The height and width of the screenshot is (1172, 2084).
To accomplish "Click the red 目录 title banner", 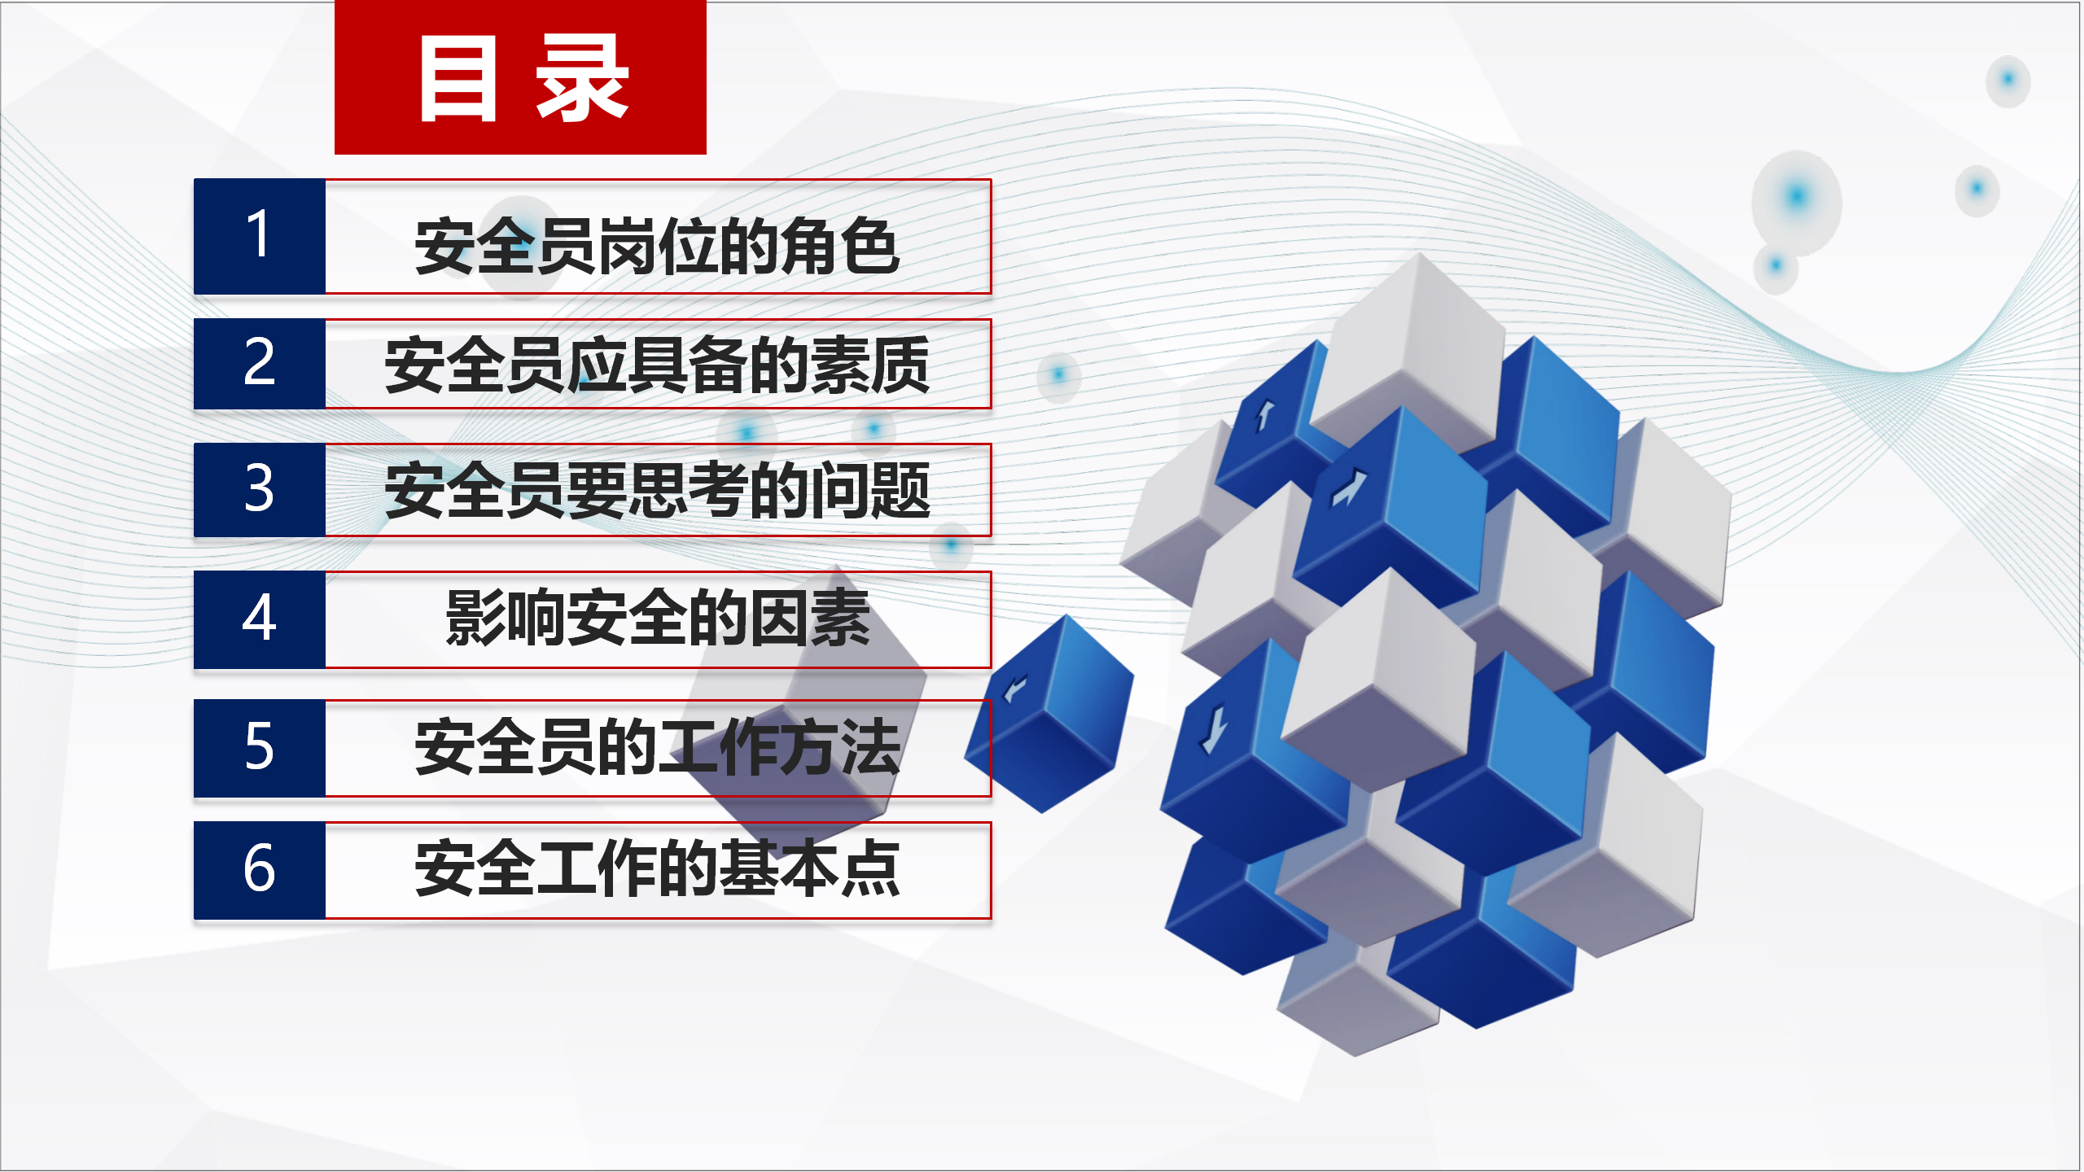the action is click(x=520, y=77).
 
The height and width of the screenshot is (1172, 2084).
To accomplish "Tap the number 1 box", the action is click(x=260, y=236).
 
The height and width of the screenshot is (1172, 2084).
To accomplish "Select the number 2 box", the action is click(x=260, y=363).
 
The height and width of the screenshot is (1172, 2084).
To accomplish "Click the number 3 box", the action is click(x=260, y=489).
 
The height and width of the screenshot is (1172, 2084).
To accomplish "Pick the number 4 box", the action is click(x=260, y=619).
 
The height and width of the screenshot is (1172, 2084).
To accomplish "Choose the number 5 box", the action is click(x=260, y=747).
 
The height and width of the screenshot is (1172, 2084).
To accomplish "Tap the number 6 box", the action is click(x=260, y=869).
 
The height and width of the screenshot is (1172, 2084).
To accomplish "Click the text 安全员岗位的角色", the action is click(x=657, y=246).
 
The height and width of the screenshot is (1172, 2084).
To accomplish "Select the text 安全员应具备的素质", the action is click(x=657, y=365).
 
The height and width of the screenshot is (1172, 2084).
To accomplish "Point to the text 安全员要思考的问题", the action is click(x=657, y=490).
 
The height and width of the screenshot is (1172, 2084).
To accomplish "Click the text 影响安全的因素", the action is click(x=658, y=618).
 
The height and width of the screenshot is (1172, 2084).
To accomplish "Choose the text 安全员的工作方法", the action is click(x=657, y=746).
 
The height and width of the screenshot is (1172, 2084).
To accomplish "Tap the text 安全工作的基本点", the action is click(x=657, y=868).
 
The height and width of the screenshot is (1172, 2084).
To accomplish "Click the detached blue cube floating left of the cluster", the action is click(x=1049, y=714).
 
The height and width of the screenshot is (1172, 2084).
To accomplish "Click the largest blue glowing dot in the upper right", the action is click(x=1797, y=196).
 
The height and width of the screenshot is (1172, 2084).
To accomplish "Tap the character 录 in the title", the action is click(x=582, y=78).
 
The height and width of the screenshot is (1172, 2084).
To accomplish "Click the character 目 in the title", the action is click(x=458, y=80).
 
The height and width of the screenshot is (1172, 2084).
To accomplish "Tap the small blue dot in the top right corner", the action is click(x=2007, y=79).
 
